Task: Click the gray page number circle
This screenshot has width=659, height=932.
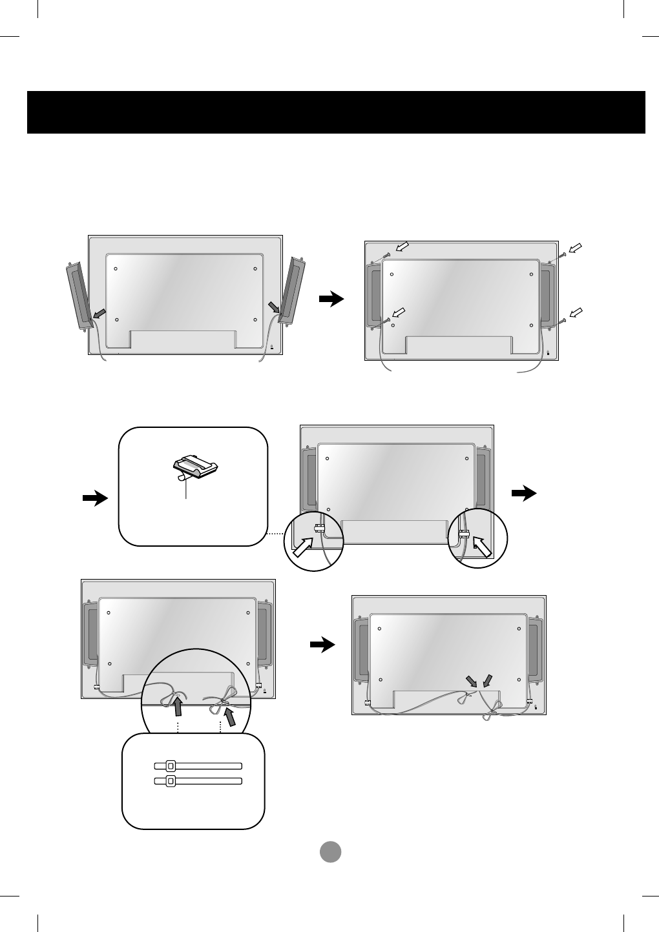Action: tap(330, 852)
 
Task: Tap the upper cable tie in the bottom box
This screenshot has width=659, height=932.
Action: tap(198, 765)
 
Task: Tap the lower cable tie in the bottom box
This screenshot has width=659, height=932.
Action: tap(198, 781)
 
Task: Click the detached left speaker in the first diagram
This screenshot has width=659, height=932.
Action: tap(79, 296)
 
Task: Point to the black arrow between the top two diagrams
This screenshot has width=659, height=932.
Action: tap(331, 299)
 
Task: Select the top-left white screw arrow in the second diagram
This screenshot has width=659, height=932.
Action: tap(403, 247)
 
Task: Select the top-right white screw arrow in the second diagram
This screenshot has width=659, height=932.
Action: tap(575, 248)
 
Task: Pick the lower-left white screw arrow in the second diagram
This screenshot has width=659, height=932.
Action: tap(401, 313)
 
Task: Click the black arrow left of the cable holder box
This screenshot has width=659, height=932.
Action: tap(95, 498)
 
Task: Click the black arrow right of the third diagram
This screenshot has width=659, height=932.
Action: tap(524, 494)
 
